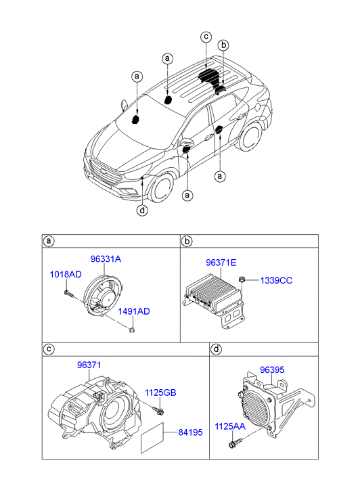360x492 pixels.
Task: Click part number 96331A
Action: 106,259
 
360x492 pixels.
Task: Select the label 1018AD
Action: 66,275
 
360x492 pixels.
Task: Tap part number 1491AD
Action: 134,311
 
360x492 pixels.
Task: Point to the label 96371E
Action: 221,263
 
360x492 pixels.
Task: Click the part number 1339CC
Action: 276,281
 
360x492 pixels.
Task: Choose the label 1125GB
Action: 160,393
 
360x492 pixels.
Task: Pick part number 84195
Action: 191,432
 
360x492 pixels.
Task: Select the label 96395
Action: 272,370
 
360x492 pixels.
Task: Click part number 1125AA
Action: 230,426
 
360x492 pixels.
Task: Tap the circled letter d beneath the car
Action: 143,210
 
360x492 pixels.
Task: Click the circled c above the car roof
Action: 206,37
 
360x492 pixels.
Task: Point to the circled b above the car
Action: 223,45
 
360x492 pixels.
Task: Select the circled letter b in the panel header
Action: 187,242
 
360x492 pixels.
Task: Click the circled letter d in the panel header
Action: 217,349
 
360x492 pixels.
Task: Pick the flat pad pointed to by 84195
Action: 152,438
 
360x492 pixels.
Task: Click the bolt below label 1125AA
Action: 235,444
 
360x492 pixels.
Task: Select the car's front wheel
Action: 161,188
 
